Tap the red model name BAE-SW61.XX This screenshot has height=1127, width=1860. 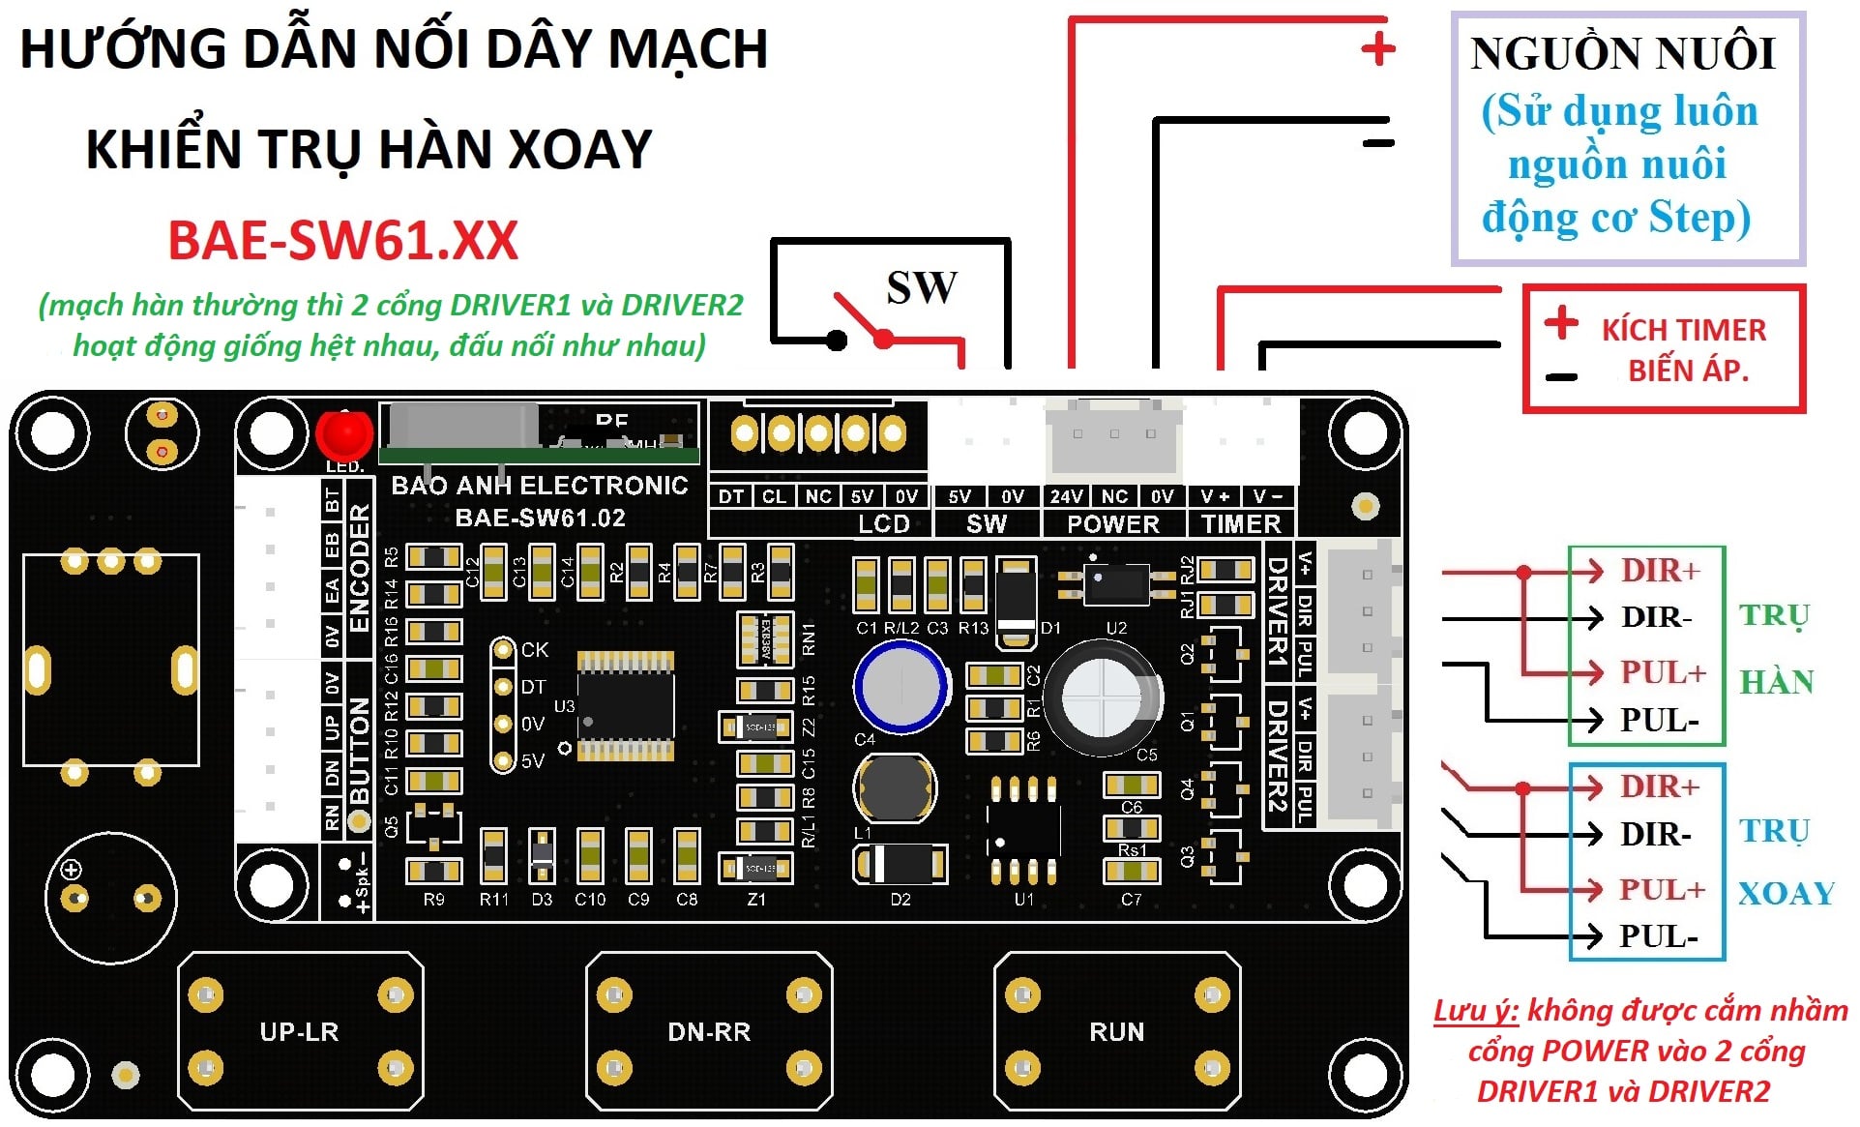pyautogui.click(x=343, y=241)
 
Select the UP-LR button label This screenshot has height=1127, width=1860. pyautogui.click(x=299, y=1032)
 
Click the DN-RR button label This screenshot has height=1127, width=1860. pyautogui.click(x=709, y=1032)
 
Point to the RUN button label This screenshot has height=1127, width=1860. pyautogui.click(x=1116, y=1032)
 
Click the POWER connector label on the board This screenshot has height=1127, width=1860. pyautogui.click(x=1112, y=524)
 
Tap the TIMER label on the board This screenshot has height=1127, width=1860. pyautogui.click(x=1241, y=524)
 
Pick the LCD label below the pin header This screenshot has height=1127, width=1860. pyautogui.click(x=884, y=524)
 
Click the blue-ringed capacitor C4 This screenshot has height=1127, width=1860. pyautogui.click(x=900, y=686)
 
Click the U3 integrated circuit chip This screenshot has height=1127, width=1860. pyautogui.click(x=625, y=706)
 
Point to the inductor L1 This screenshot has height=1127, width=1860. pyautogui.click(x=894, y=787)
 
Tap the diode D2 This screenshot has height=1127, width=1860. pyautogui.click(x=900, y=864)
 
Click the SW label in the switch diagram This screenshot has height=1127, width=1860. pyautogui.click(x=922, y=287)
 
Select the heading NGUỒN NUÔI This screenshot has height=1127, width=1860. pyautogui.click(x=1622, y=54)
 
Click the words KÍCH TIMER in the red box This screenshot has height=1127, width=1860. pyautogui.click(x=1683, y=330)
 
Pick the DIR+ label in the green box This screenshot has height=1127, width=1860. pyautogui.click(x=1660, y=571)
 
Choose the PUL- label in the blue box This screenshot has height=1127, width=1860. pyautogui.click(x=1658, y=936)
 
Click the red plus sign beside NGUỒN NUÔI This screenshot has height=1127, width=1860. pyautogui.click(x=1377, y=48)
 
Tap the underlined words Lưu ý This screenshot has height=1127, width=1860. pyautogui.click(x=1475, y=1011)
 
